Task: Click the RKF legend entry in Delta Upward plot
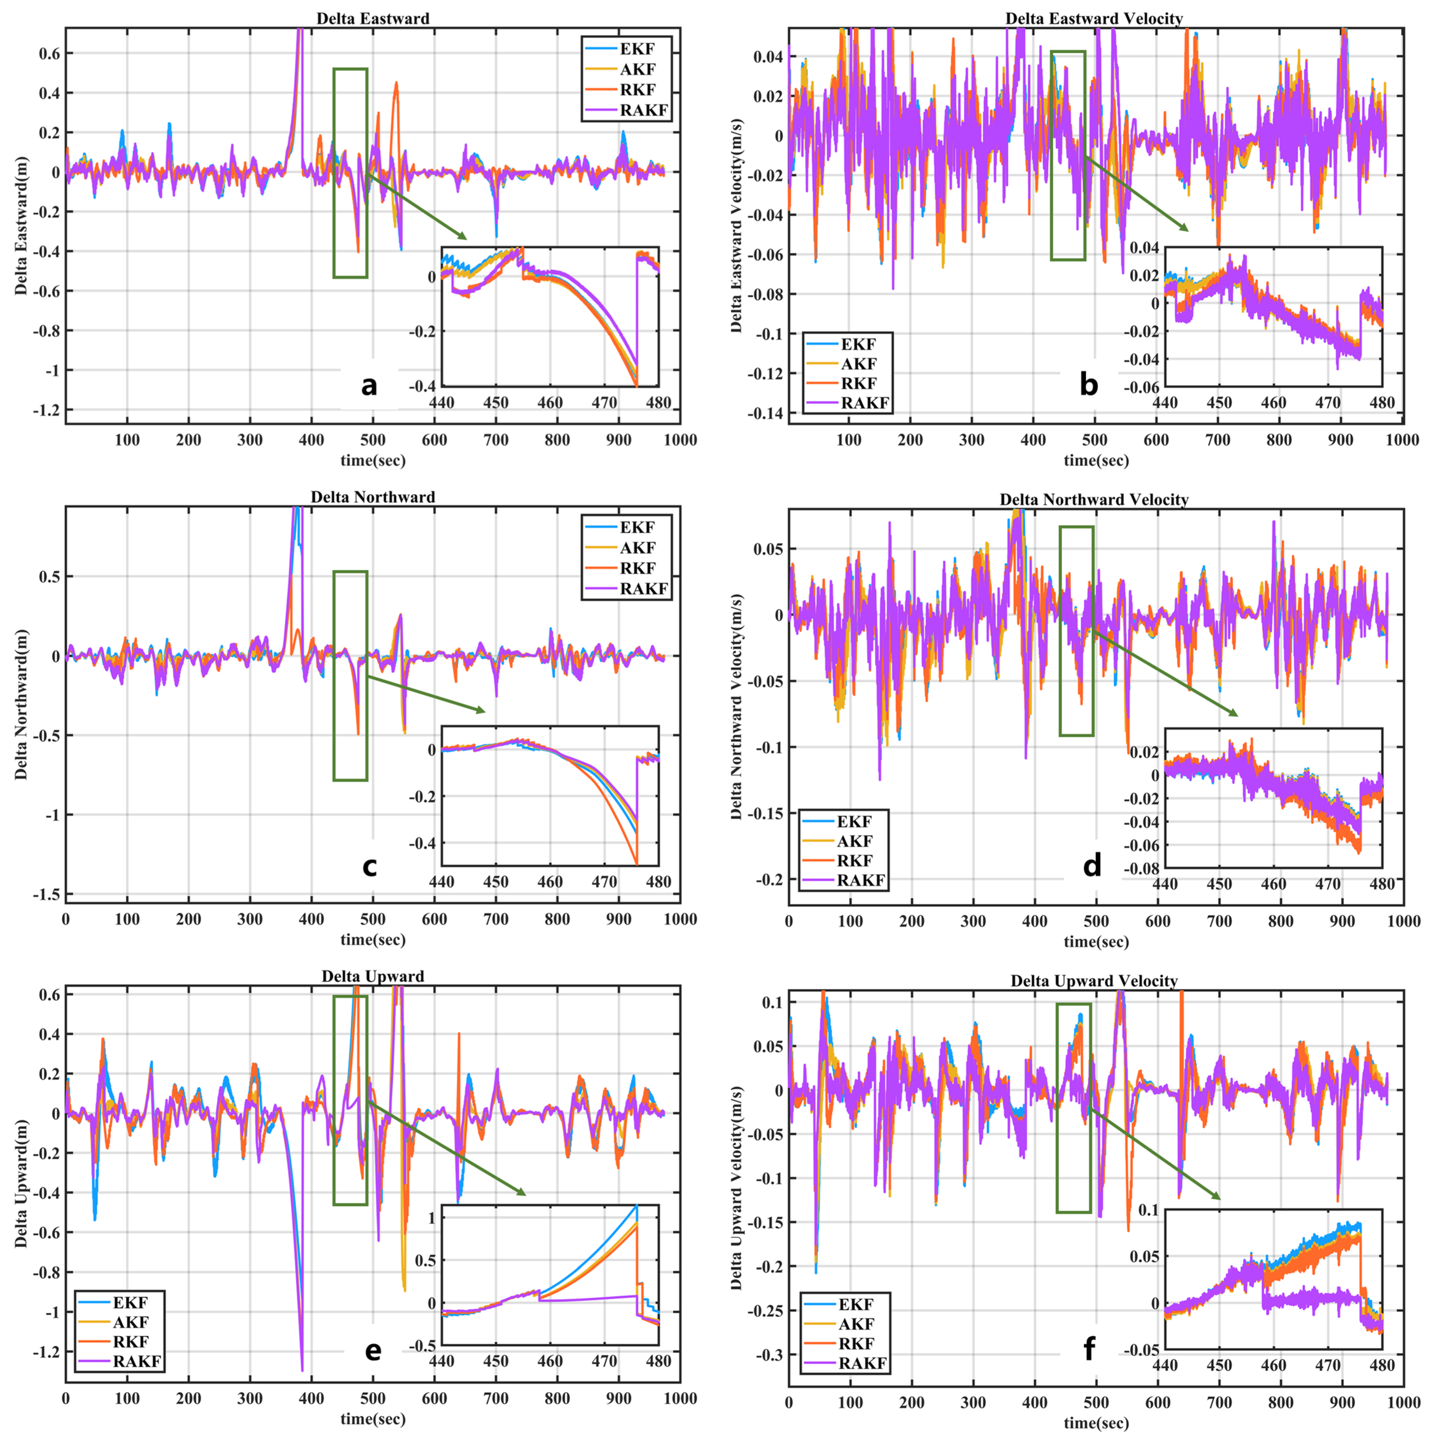130,1341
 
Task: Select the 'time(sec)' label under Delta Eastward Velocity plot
1096,461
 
